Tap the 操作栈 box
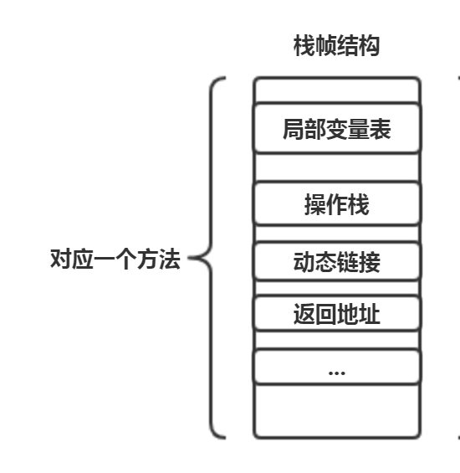coord(336,205)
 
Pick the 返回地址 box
coord(336,316)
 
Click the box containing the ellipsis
coord(336,368)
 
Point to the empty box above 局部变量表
coord(336,90)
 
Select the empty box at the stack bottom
coord(336,412)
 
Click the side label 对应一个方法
coord(115,259)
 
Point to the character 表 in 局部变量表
coord(381,131)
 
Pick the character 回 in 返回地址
coord(325,316)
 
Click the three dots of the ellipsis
coord(336,371)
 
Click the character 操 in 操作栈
coord(314,205)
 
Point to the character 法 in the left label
coord(170,259)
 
